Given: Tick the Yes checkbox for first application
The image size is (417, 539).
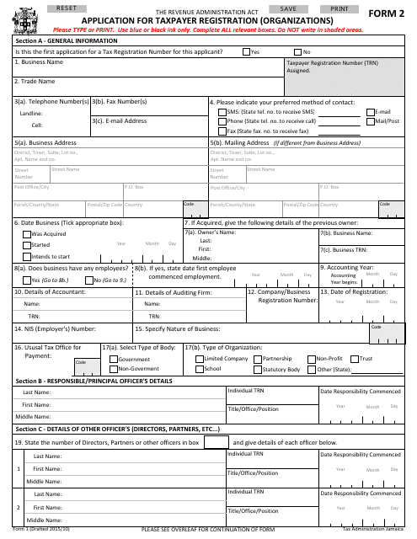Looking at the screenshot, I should (x=246, y=51).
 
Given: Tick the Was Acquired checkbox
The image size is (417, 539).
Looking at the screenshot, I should (x=27, y=234).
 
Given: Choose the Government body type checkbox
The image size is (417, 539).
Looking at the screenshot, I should (x=114, y=359).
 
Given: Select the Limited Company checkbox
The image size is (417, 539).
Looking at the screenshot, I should (x=199, y=359).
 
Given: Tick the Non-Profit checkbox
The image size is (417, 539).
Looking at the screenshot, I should (x=311, y=359).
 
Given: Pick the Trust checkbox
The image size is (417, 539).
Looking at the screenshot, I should (x=355, y=359).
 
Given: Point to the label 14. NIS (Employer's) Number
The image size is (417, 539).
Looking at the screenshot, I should (x=56, y=328).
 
